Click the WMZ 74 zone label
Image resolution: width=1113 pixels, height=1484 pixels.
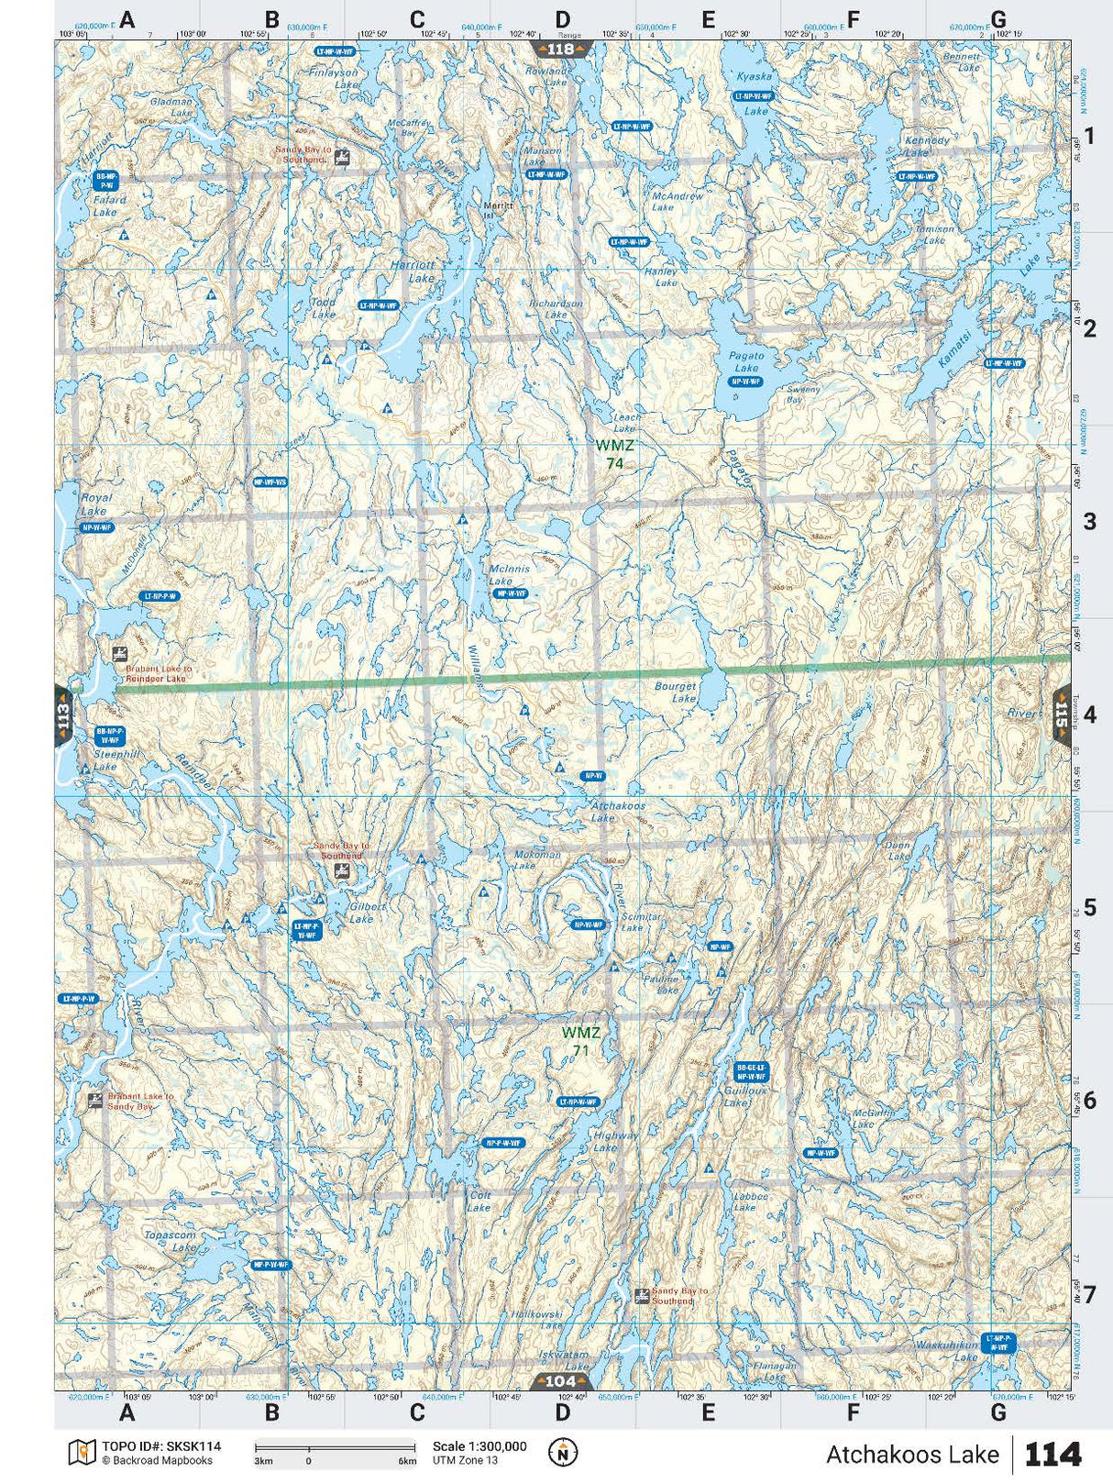[x=613, y=454]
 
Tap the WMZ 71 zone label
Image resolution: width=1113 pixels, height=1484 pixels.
[x=580, y=1041]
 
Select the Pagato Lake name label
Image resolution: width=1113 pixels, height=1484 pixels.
[x=745, y=361]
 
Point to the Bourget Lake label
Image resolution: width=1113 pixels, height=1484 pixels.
[x=676, y=692]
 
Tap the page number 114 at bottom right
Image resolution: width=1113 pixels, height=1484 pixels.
[x=1052, y=1454]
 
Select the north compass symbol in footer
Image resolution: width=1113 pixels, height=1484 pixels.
[x=563, y=1452]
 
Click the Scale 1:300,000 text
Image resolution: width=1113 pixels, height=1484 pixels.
[x=479, y=1446]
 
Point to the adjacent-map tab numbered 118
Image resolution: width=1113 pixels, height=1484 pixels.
[x=560, y=49]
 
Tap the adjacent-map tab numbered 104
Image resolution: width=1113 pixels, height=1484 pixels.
[x=560, y=1381]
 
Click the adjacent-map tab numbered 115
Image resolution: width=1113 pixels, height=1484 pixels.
[x=1061, y=715]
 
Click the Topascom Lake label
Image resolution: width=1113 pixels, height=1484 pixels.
[x=171, y=1241]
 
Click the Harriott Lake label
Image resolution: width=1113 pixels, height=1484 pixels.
[x=413, y=271]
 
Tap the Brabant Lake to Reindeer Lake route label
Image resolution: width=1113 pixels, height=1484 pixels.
[x=158, y=673]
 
